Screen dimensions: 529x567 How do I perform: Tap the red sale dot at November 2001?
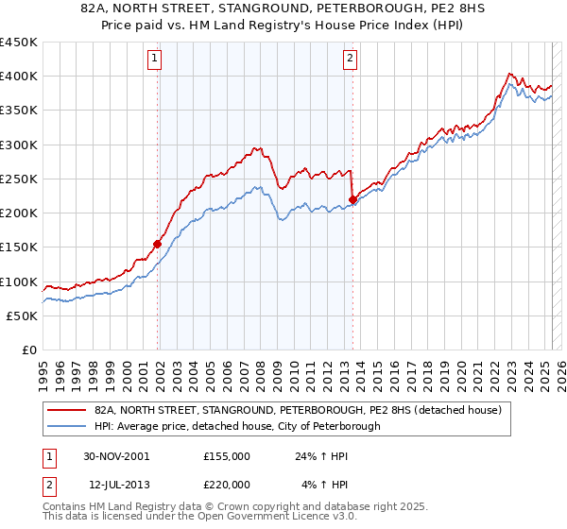pos(158,244)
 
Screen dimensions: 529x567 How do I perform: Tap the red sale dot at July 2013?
pos(352,199)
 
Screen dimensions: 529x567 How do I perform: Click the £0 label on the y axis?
pos(28,350)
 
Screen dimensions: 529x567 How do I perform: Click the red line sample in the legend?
pos(67,410)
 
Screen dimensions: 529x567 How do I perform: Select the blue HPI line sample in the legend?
pos(67,426)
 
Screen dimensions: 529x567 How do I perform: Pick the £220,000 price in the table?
pos(227,486)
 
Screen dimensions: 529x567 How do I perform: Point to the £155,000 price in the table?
pos(227,455)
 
